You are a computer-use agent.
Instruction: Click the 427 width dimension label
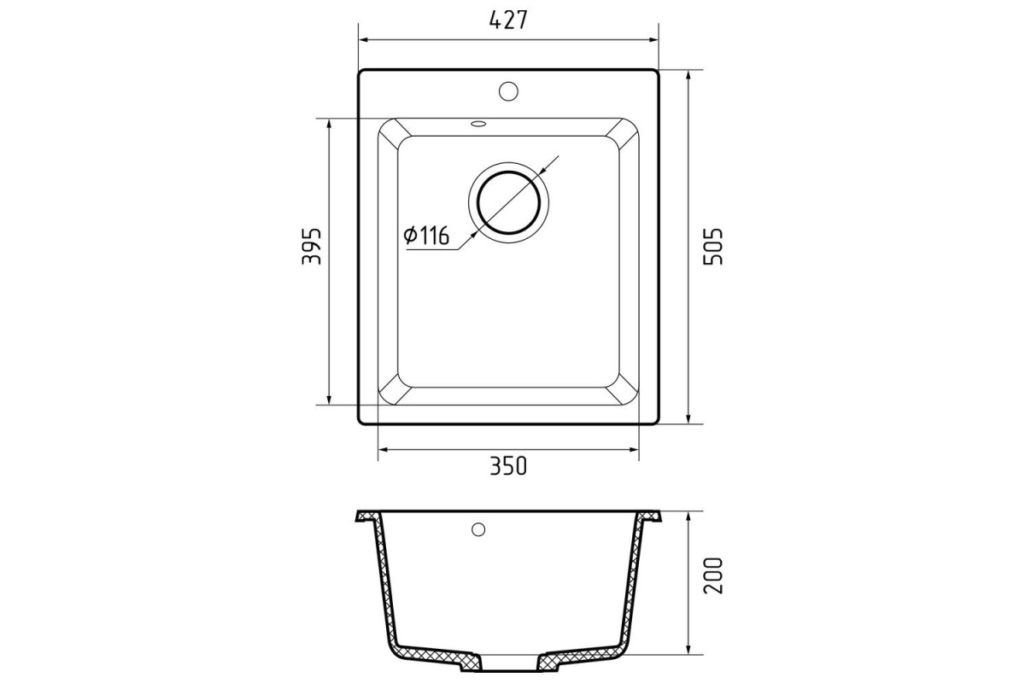click(x=508, y=20)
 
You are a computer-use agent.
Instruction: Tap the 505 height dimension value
click(x=712, y=246)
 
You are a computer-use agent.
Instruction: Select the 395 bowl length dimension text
click(x=312, y=246)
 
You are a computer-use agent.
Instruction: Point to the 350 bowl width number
click(x=508, y=465)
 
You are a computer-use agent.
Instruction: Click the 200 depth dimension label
click(x=712, y=575)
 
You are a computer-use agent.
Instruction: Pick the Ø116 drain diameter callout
click(x=426, y=235)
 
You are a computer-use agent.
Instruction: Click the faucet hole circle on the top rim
click(x=508, y=91)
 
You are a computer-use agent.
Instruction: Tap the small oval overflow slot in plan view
click(x=478, y=123)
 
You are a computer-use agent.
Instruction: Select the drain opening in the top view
click(x=508, y=202)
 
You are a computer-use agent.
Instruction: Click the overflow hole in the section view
click(x=478, y=529)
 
